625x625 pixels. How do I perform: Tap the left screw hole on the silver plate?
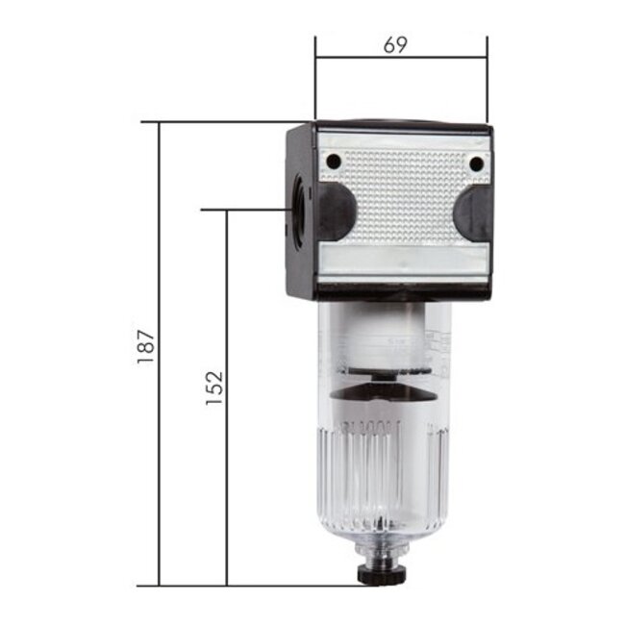click(333, 162)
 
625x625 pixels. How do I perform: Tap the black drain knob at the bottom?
click(376, 574)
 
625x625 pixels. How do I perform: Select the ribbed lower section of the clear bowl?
click(380, 471)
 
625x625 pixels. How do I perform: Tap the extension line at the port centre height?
click(245, 209)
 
